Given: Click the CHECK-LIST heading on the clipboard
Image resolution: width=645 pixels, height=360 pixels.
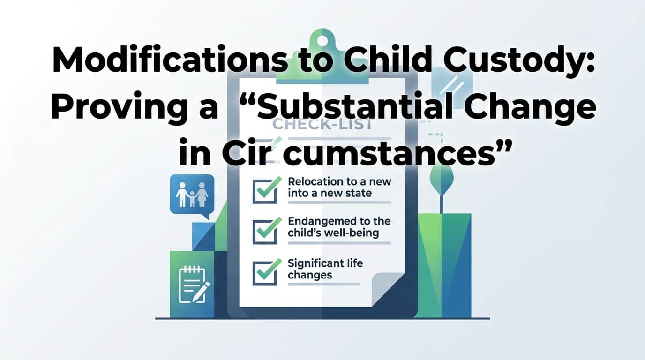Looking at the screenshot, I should pyautogui.click(x=323, y=125).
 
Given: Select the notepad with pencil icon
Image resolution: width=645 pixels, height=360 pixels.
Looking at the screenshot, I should pyautogui.click(x=193, y=285).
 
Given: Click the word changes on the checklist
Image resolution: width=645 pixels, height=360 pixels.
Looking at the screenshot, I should pyautogui.click(x=310, y=275).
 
